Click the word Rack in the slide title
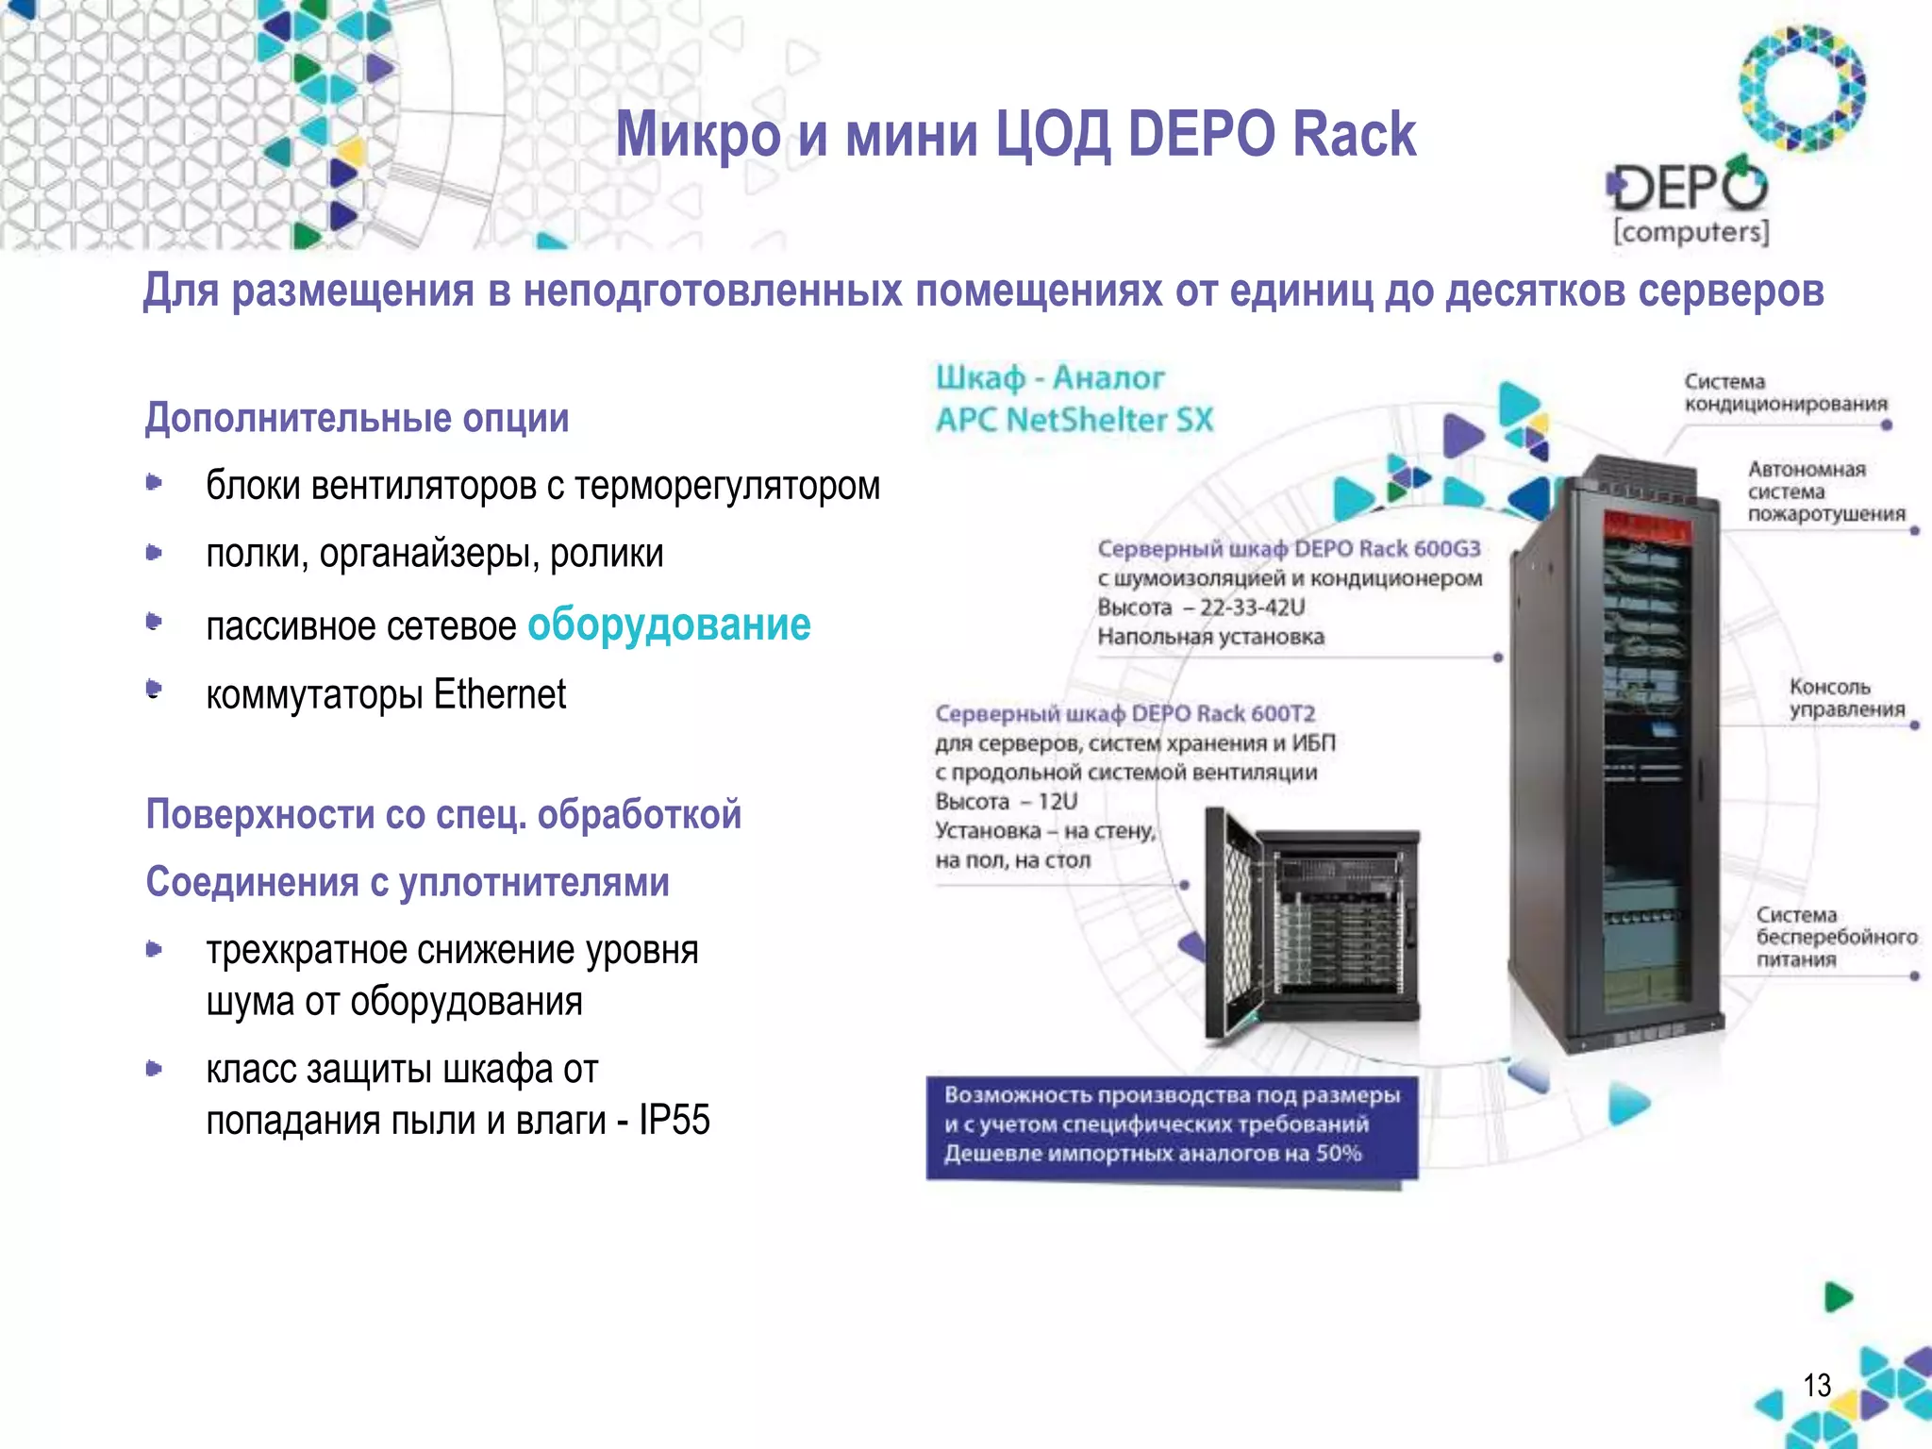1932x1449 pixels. (x=1354, y=134)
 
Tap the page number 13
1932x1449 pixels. (x=1816, y=1385)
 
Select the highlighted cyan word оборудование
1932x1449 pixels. (x=669, y=625)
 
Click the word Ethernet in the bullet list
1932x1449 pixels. (x=499, y=694)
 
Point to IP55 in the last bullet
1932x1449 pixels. (x=674, y=1120)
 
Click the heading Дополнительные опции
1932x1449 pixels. (x=358, y=418)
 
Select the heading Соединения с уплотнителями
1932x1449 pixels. (x=408, y=882)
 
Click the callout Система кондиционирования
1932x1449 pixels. (x=1785, y=393)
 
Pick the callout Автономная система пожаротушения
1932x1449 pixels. (x=1825, y=491)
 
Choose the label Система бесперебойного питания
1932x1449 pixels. (x=1835, y=937)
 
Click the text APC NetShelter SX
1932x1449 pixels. (x=1074, y=420)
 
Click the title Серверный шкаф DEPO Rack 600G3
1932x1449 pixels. (x=1289, y=549)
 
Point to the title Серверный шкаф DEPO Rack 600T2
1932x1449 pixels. (x=1124, y=713)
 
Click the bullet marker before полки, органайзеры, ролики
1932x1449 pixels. (x=155, y=553)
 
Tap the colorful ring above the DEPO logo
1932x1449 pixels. (x=1802, y=88)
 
